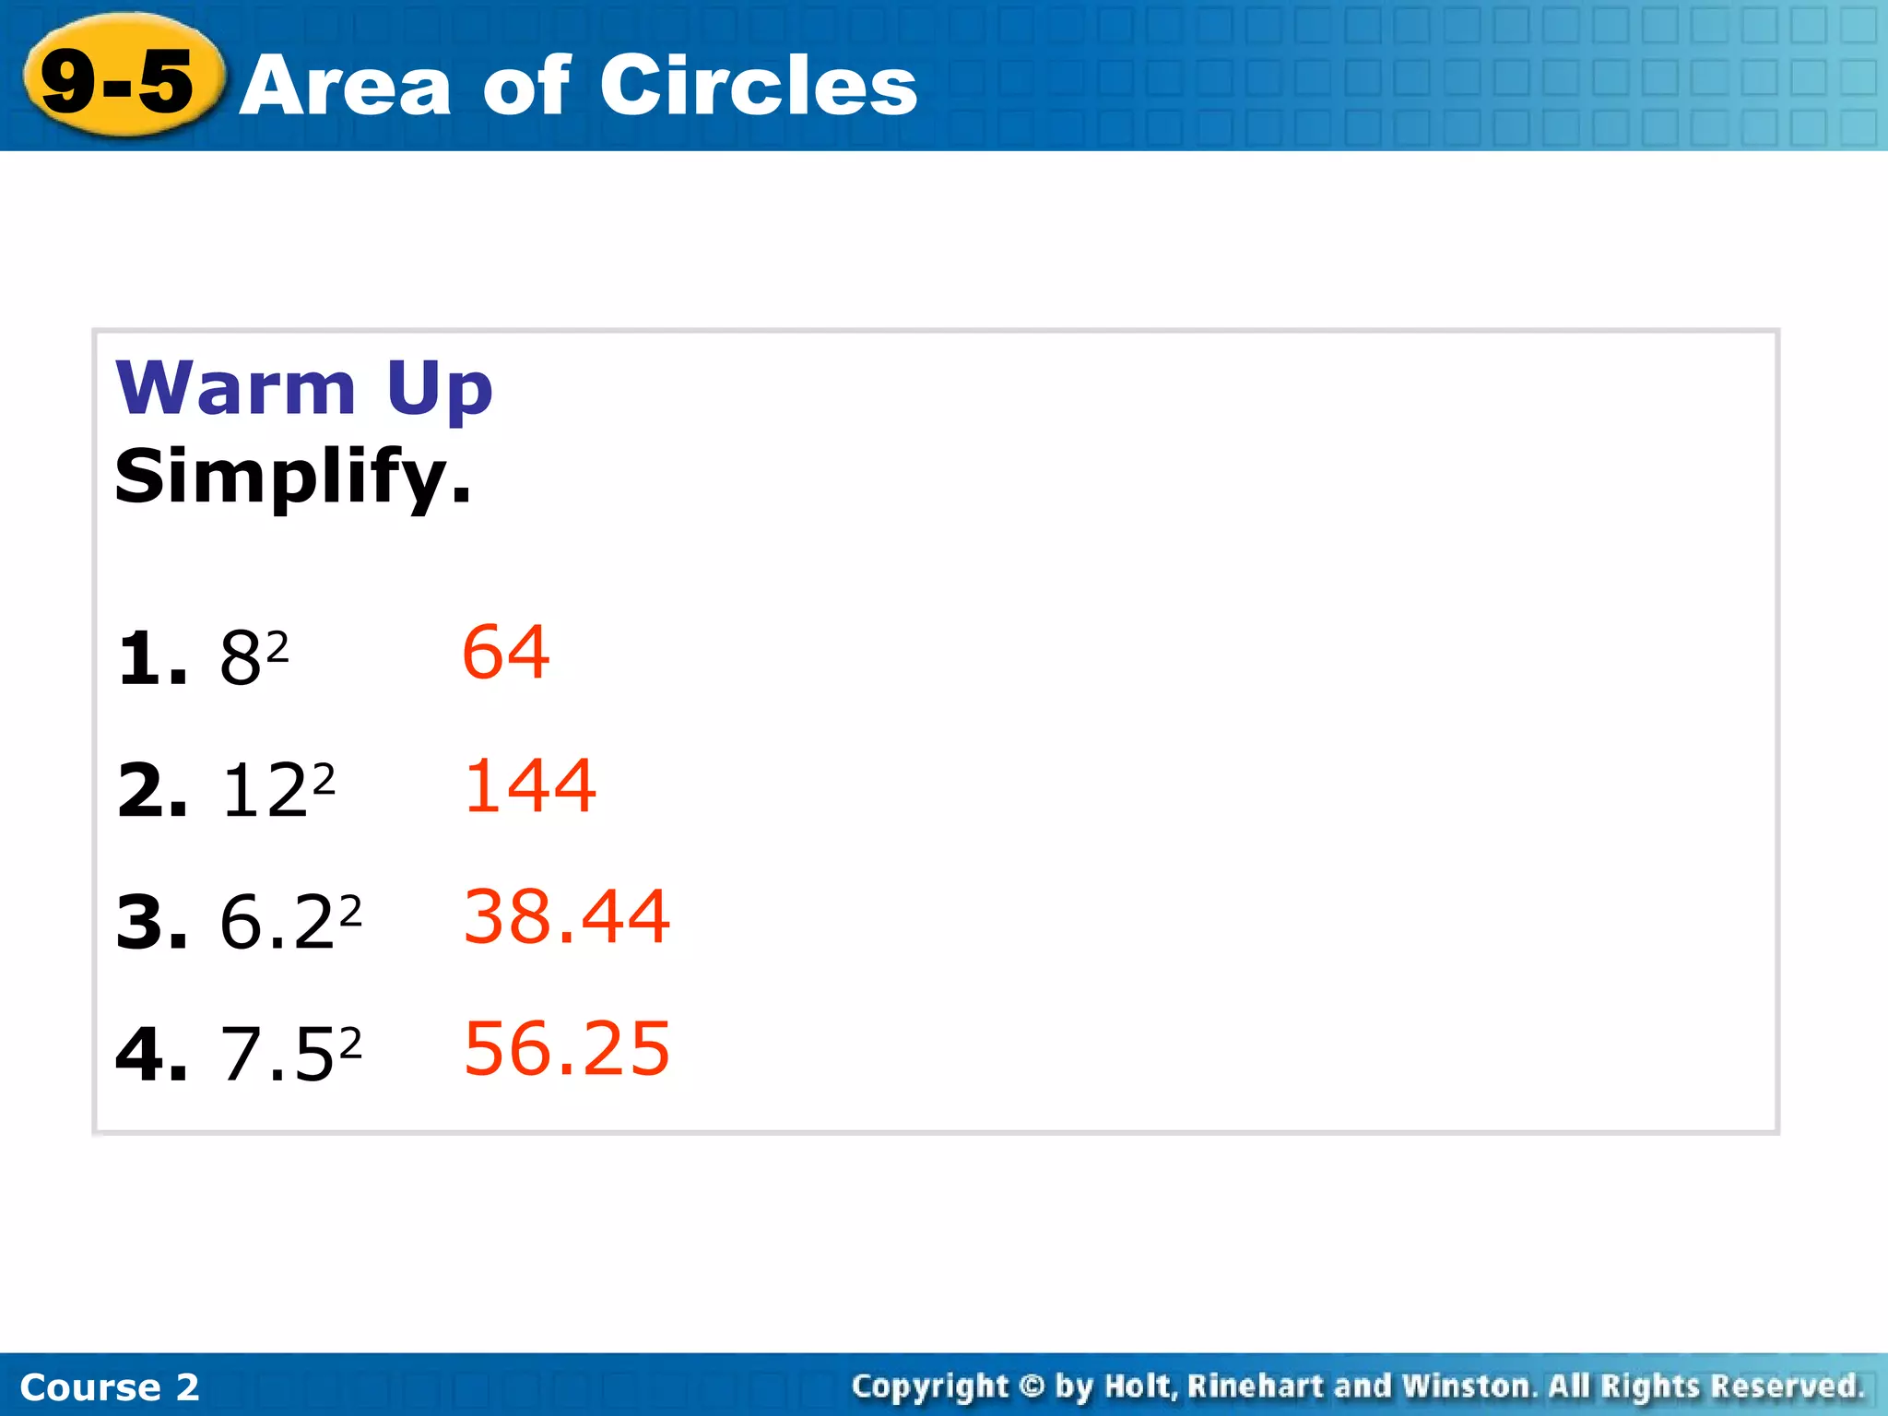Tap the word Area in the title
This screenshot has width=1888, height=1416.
pyautogui.click(x=345, y=87)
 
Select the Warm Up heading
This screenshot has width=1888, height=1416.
pyautogui.click(x=304, y=389)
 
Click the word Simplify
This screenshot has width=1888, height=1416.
pyautogui.click(x=292, y=478)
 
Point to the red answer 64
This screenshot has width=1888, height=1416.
pyautogui.click(x=505, y=652)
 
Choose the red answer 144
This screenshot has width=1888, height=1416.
pyautogui.click(x=530, y=785)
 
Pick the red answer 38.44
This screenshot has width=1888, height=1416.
pyautogui.click(x=566, y=917)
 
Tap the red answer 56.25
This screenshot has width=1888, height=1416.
pyautogui.click(x=566, y=1048)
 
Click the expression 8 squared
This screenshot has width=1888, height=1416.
pyautogui.click(x=254, y=657)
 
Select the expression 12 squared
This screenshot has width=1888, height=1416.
pyautogui.click(x=277, y=790)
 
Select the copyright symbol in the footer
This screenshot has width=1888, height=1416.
pyautogui.click(x=1032, y=1386)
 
